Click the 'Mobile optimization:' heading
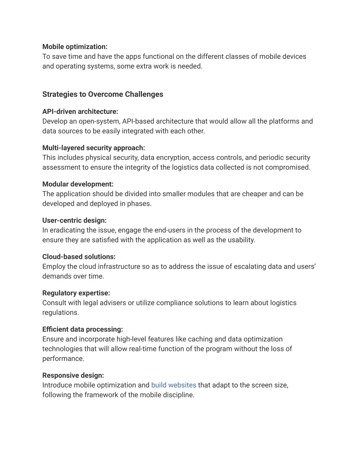75,47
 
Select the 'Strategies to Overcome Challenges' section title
103,94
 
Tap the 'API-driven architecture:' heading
80,111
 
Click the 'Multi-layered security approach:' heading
94,148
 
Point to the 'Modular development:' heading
78,184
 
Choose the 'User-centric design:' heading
74,221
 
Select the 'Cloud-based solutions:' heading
79,257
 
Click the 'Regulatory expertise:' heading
76,293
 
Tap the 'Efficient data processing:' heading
83,329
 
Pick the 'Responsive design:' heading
73,375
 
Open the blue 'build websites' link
174,385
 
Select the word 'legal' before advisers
90,303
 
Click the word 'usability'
242,240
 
